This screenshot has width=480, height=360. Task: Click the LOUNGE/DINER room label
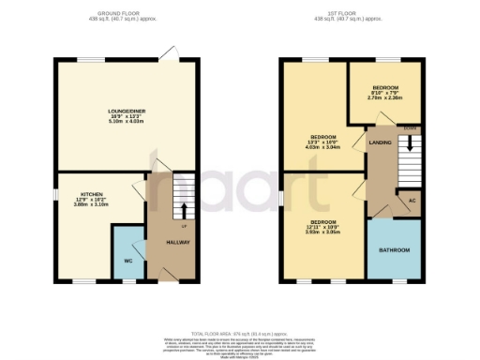126,110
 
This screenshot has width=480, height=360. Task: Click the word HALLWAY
178,242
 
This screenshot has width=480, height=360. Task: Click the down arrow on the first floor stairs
408,142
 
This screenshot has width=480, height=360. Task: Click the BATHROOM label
394,250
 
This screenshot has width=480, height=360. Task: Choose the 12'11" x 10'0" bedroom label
323,221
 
